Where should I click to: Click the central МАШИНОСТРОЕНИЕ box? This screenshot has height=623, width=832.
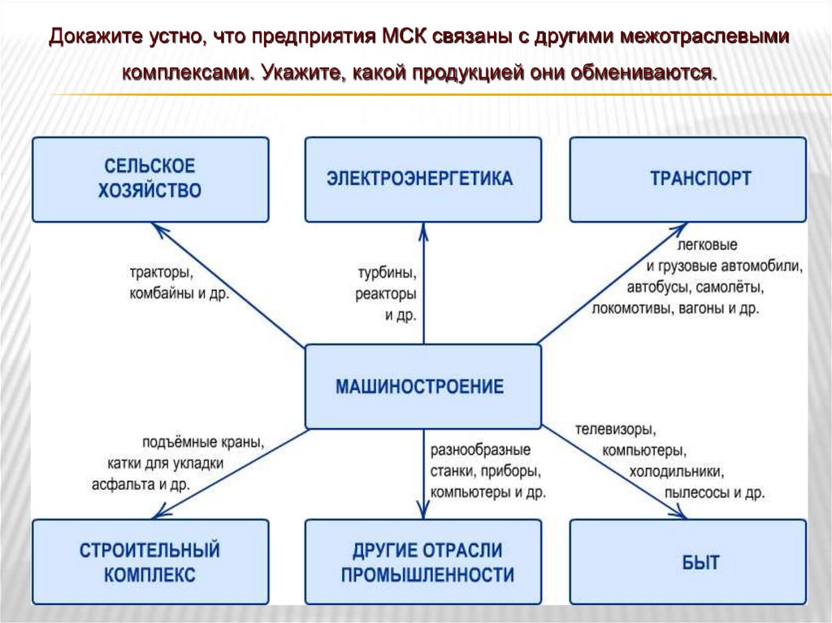click(x=422, y=387)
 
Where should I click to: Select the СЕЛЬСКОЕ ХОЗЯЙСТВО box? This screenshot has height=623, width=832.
click(x=150, y=179)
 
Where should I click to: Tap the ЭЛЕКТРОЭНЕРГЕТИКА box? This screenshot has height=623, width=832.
click(x=422, y=179)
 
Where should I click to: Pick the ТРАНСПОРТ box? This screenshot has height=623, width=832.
click(x=687, y=179)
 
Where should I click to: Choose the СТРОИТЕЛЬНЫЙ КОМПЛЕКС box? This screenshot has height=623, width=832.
click(x=150, y=562)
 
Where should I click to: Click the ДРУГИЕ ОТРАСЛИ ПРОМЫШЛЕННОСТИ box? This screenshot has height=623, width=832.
click(x=422, y=562)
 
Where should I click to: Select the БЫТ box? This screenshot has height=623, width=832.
click(x=687, y=562)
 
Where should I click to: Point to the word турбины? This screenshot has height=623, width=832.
click(x=386, y=272)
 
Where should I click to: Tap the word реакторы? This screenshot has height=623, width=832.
click(x=386, y=293)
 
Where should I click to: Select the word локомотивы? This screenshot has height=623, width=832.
click(x=630, y=309)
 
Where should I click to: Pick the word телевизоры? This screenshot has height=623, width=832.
click(x=615, y=430)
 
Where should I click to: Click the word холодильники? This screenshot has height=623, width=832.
click(x=676, y=472)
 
